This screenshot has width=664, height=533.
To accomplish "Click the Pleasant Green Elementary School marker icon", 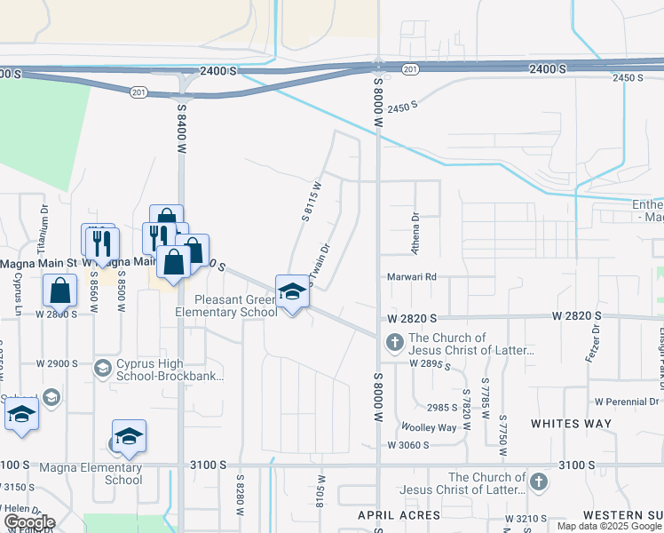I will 292,290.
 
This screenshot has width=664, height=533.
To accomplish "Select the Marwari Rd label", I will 413,276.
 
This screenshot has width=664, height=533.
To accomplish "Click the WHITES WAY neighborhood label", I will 572,424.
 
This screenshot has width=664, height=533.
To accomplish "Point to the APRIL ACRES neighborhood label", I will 386,515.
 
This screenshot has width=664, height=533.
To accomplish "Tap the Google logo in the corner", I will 29,522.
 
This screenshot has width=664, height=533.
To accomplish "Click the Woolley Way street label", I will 428,427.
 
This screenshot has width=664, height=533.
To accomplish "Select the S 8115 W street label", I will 312,201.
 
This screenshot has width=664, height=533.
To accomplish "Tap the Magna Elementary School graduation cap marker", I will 129,437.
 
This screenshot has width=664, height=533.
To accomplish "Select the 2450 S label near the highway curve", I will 401,106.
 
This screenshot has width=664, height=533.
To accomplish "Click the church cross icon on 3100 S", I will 536,482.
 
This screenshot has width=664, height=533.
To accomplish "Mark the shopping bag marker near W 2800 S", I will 59,290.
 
